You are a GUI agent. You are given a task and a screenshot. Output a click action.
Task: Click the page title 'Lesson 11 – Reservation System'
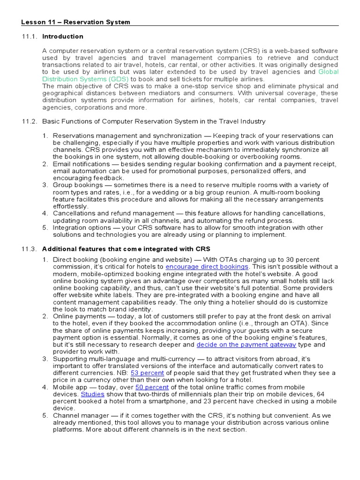pyautogui.click(x=76, y=22)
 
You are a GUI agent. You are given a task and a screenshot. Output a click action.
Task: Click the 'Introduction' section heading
pyautogui.click(x=63, y=37)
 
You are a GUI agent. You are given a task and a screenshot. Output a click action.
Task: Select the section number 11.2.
pyautogui.click(x=29, y=121)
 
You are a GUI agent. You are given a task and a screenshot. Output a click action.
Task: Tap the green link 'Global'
pyautogui.click(x=328, y=72)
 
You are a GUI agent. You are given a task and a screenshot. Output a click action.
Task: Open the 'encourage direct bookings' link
pyautogui.click(x=207, y=267)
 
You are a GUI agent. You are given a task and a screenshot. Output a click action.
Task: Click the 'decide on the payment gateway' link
pyautogui.click(x=246, y=345)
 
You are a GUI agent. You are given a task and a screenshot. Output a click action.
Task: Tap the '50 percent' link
pyautogui.click(x=152, y=387)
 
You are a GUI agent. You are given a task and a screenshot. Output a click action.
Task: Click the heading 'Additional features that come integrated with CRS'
pyautogui.click(x=126, y=248)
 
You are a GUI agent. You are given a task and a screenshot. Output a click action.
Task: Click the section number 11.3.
pyautogui.click(x=29, y=248)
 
